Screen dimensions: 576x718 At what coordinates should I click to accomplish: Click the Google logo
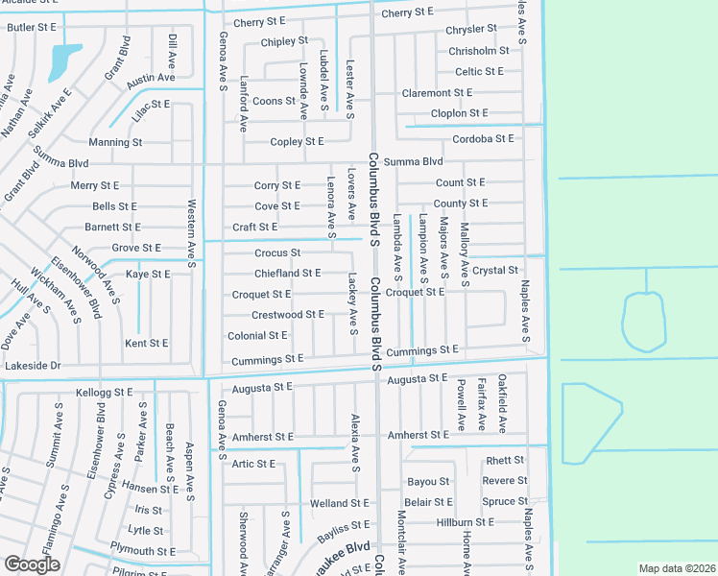pyautogui.click(x=31, y=564)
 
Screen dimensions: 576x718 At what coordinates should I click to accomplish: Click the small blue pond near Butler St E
pyautogui.click(x=62, y=60)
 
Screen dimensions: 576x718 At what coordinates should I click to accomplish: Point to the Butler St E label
pyautogui.click(x=32, y=27)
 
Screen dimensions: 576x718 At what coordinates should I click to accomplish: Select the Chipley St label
pyautogui.click(x=284, y=41)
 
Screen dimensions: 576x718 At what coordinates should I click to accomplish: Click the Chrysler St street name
pyautogui.click(x=471, y=30)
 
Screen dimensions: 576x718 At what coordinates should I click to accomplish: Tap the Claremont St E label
pyautogui.click(x=438, y=93)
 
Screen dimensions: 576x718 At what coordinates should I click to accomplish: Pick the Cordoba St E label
pyautogui.click(x=485, y=139)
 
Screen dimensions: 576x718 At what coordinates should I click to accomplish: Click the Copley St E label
pyautogui.click(x=298, y=142)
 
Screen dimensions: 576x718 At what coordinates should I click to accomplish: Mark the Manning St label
pyautogui.click(x=115, y=142)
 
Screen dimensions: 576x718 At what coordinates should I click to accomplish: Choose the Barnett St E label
pyautogui.click(x=112, y=228)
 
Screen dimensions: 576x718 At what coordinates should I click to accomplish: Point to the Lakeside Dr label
pyautogui.click(x=33, y=366)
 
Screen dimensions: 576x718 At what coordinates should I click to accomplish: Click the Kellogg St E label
pyautogui.click(x=104, y=392)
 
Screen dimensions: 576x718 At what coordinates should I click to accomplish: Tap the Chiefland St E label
pyautogui.click(x=288, y=273)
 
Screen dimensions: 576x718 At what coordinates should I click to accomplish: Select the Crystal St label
pyautogui.click(x=496, y=271)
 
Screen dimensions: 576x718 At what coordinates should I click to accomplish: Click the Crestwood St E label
pyautogui.click(x=288, y=315)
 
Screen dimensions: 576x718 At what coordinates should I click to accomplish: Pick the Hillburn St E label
pyautogui.click(x=465, y=522)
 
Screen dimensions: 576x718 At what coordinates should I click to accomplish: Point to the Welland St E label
pyautogui.click(x=340, y=503)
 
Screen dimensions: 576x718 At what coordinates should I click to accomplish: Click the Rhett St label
pyautogui.click(x=506, y=461)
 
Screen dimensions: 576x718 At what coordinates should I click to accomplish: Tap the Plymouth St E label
pyautogui.click(x=143, y=551)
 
